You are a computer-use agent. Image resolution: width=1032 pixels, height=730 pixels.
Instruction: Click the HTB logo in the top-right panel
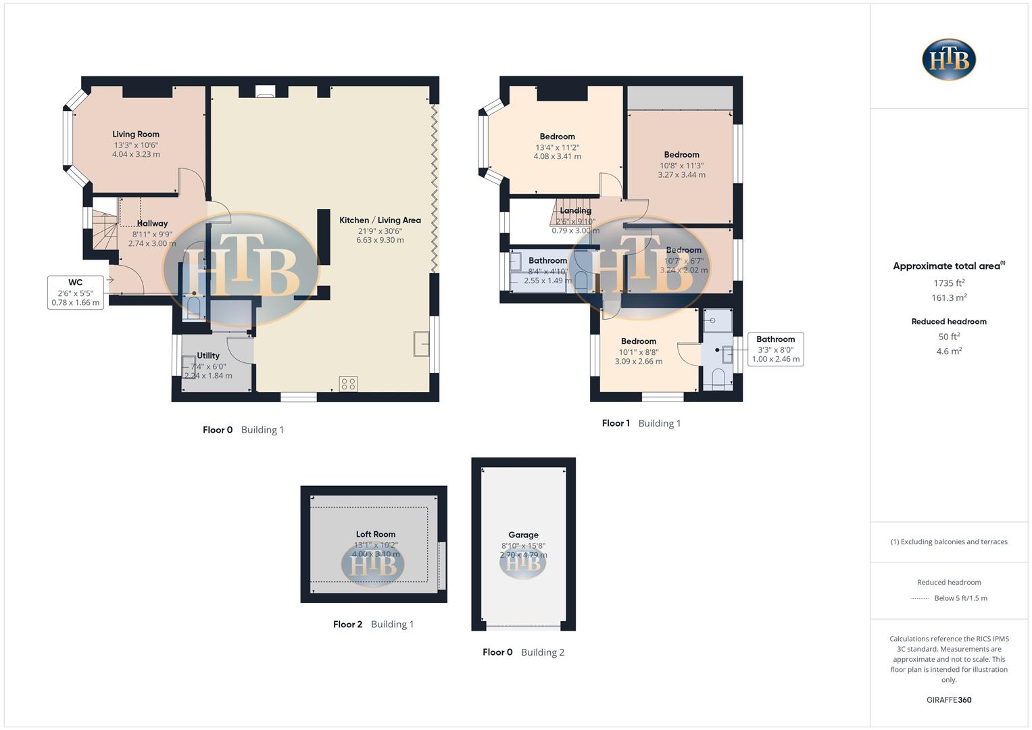[x=949, y=59]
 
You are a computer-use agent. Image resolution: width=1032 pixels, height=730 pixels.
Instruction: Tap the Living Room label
[x=136, y=135]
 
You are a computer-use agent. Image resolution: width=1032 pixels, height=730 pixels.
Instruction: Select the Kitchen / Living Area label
[x=380, y=220]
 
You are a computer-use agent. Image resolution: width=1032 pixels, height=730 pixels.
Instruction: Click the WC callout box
[x=76, y=293]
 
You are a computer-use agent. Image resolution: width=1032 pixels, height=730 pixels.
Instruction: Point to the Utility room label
[x=208, y=356]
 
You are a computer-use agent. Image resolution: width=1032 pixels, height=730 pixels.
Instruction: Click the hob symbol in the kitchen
[x=348, y=384]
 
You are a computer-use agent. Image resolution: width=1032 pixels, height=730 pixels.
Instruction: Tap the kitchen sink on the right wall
[x=422, y=344]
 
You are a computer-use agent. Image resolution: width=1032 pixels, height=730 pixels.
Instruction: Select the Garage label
[x=523, y=535]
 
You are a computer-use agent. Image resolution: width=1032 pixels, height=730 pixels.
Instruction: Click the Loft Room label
[x=376, y=534]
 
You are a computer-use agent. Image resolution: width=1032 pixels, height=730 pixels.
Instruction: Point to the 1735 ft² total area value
[x=949, y=283]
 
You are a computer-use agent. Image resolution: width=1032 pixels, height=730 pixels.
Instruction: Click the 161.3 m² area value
[x=949, y=298]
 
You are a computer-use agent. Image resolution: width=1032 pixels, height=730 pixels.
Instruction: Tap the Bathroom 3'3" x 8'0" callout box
[x=775, y=349]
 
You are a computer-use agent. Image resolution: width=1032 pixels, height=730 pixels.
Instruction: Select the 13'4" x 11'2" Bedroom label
[x=557, y=137]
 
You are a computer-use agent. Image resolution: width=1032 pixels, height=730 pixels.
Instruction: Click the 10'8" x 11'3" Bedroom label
[x=681, y=155]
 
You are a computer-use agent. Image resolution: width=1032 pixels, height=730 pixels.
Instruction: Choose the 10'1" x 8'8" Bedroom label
[x=639, y=341]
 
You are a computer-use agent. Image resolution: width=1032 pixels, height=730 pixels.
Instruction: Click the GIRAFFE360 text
[x=949, y=700]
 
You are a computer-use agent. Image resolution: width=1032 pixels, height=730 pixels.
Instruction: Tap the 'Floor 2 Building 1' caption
[x=373, y=625]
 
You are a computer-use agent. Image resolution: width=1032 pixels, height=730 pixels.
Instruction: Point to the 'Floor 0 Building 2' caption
[x=523, y=652]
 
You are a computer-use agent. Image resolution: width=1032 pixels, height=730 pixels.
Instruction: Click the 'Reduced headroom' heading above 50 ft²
[x=949, y=322]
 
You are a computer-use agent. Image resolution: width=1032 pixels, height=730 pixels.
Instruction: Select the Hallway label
[x=152, y=224]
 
